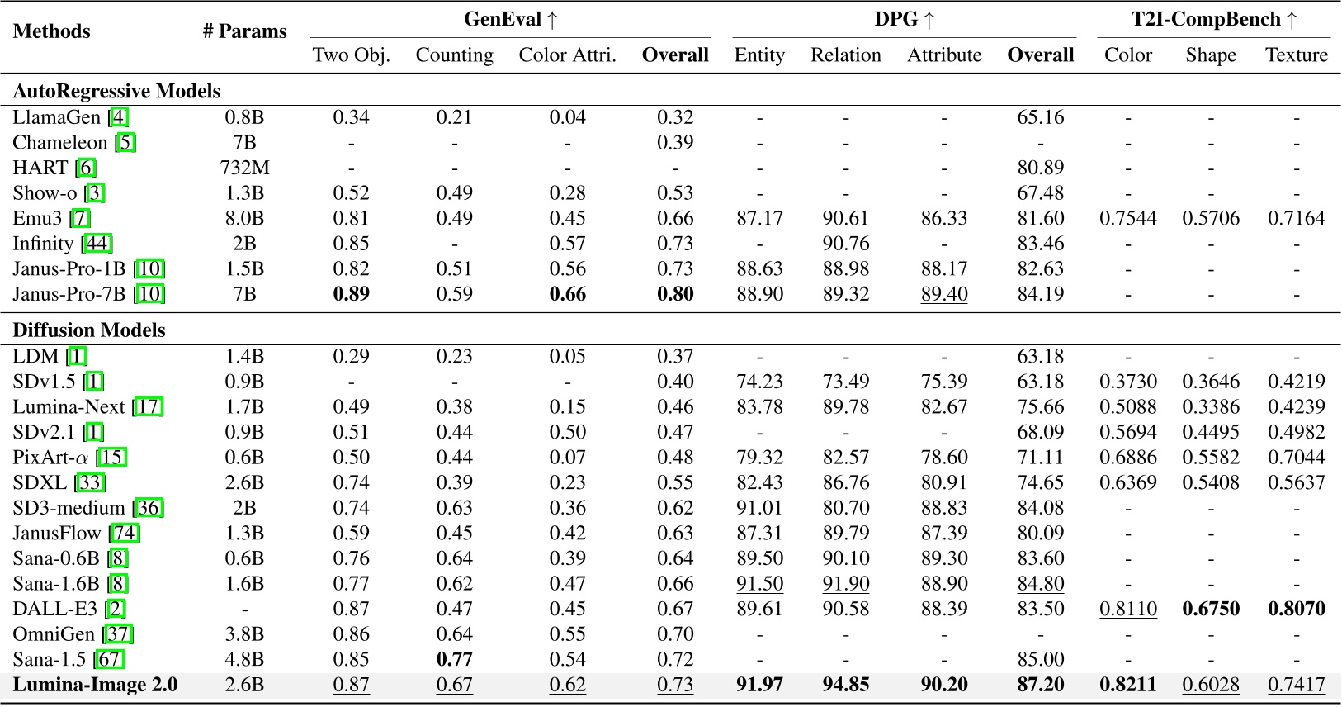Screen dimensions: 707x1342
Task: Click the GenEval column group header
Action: (x=511, y=20)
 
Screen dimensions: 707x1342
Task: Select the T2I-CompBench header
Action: (x=1213, y=20)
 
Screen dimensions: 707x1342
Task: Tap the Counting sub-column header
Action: (x=454, y=55)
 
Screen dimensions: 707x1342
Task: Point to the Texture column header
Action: (x=1296, y=55)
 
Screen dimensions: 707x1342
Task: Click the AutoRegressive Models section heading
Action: (x=116, y=91)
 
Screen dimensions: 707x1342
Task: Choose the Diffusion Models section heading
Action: (x=89, y=330)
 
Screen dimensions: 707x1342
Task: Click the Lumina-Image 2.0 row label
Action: (x=95, y=685)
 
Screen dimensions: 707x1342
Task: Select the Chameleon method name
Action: (x=60, y=143)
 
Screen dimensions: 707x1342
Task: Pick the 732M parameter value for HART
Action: (x=244, y=168)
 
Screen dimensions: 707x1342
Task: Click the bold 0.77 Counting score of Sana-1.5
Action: (x=454, y=659)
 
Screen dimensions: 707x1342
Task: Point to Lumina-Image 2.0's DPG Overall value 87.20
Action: (x=1040, y=685)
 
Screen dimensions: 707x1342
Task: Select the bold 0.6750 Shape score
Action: (x=1211, y=609)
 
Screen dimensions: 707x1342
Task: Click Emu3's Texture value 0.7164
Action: (x=1296, y=218)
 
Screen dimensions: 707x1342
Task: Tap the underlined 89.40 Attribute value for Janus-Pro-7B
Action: (x=944, y=294)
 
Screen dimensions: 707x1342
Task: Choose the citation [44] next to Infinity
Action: (x=97, y=244)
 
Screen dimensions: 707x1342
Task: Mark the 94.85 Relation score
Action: (x=845, y=685)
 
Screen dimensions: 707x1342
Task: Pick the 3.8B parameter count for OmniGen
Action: (x=244, y=634)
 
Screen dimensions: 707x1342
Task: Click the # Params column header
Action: (x=244, y=31)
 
